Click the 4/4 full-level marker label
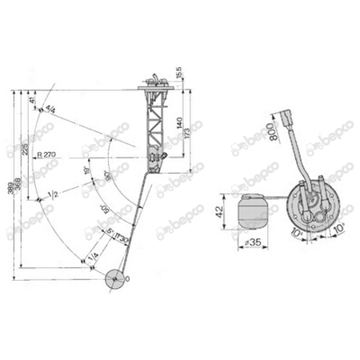coord(51,108)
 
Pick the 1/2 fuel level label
coord(53,194)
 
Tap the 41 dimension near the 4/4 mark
coord(34,102)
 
